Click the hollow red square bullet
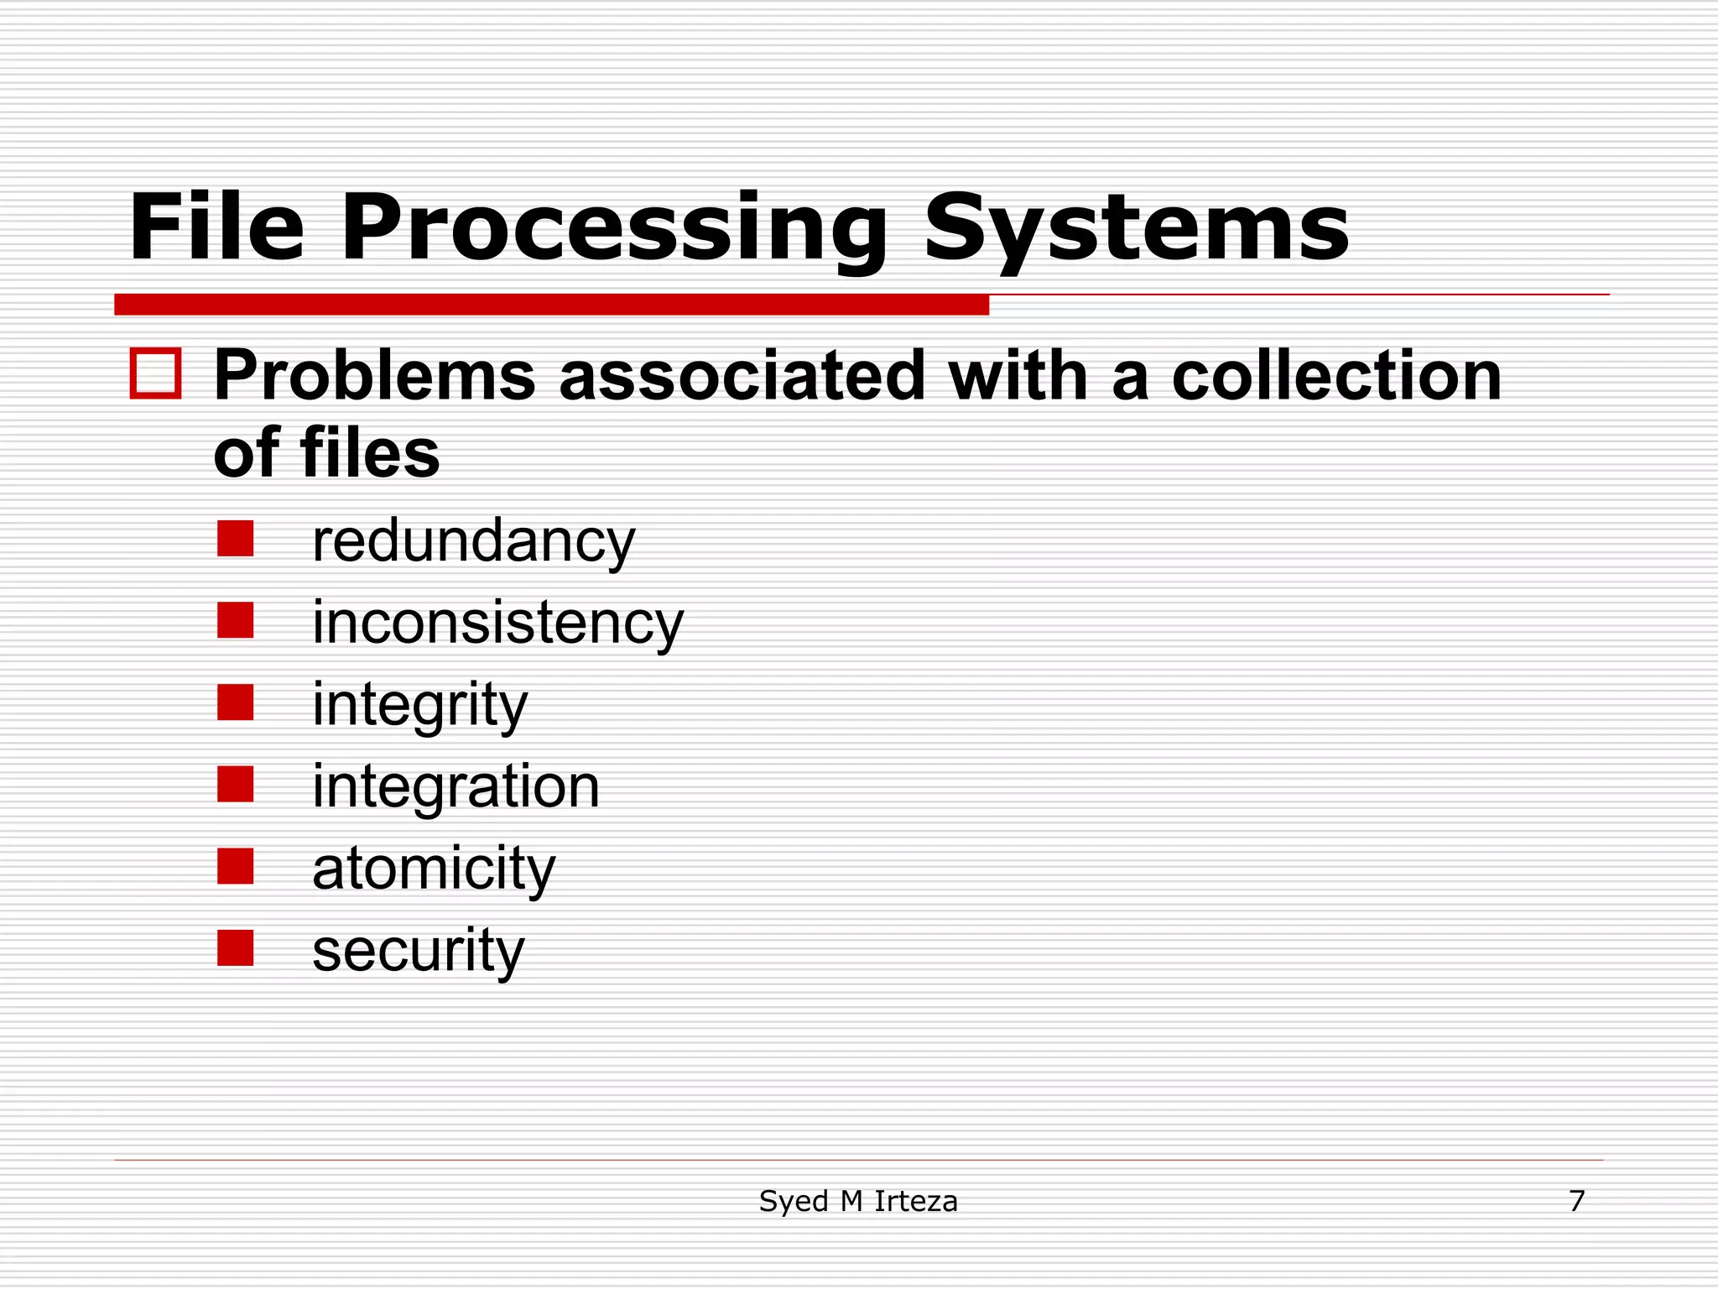click(156, 373)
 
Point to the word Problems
click(374, 375)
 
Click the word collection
click(1335, 375)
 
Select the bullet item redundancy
click(473, 541)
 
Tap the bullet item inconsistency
click(497, 623)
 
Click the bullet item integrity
click(419, 705)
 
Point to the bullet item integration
click(456, 786)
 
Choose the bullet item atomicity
click(434, 869)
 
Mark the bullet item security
click(418, 951)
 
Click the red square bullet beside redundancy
click(236, 539)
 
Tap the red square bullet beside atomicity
click(236, 866)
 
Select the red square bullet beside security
click(236, 948)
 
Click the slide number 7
click(1576, 1201)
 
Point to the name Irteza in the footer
click(915, 1201)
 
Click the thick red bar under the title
click(551, 305)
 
